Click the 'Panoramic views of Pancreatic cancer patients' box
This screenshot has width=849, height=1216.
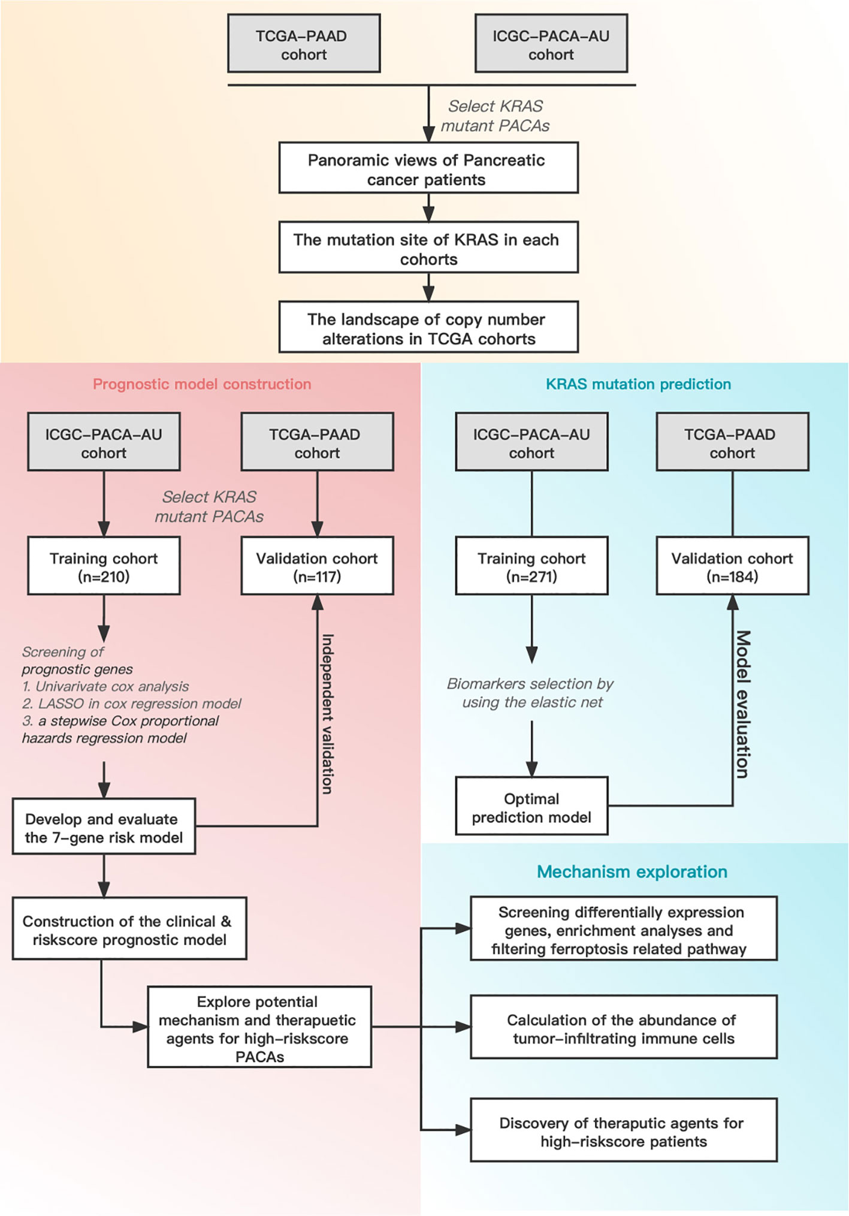pyautogui.click(x=428, y=168)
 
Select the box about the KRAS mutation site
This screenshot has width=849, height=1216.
pyautogui.click(x=428, y=248)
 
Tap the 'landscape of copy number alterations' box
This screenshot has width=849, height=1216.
pyautogui.click(x=428, y=327)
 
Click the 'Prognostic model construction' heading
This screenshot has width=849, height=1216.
pyautogui.click(x=202, y=384)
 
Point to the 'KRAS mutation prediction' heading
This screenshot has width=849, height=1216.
pyautogui.click(x=638, y=384)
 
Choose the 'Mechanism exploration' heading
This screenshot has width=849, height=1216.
pyautogui.click(x=632, y=871)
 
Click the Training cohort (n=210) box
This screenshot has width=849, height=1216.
pyautogui.click(x=104, y=566)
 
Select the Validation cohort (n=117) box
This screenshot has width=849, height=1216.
pyautogui.click(x=317, y=566)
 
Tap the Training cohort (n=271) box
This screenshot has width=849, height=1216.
pyautogui.click(x=531, y=566)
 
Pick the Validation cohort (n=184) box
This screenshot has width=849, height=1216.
pyautogui.click(x=732, y=566)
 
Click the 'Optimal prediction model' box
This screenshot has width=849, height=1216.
pyautogui.click(x=531, y=806)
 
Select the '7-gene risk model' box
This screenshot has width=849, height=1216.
pyautogui.click(x=104, y=826)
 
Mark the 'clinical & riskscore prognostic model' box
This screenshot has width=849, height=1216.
pyautogui.click(x=129, y=928)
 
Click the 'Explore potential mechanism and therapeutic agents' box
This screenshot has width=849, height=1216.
pyautogui.click(x=259, y=1027)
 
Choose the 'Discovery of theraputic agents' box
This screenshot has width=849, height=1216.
pyautogui.click(x=624, y=1130)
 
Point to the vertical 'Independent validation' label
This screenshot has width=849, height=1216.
pyautogui.click(x=328, y=714)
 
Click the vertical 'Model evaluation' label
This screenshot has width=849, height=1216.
pyautogui.click(x=742, y=704)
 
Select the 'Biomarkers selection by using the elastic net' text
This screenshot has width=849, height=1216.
pyautogui.click(x=530, y=693)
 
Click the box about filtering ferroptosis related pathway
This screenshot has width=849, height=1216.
pyautogui.click(x=624, y=928)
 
